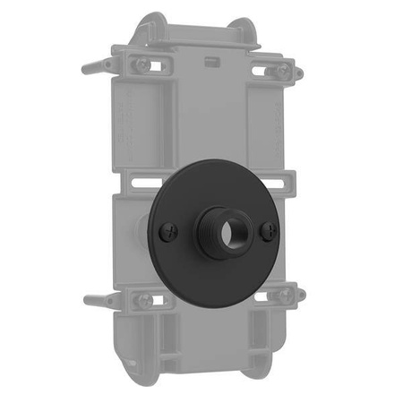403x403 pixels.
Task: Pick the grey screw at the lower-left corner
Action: pyautogui.click(x=143, y=300)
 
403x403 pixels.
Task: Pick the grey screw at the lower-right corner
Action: pyautogui.click(x=285, y=295)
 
